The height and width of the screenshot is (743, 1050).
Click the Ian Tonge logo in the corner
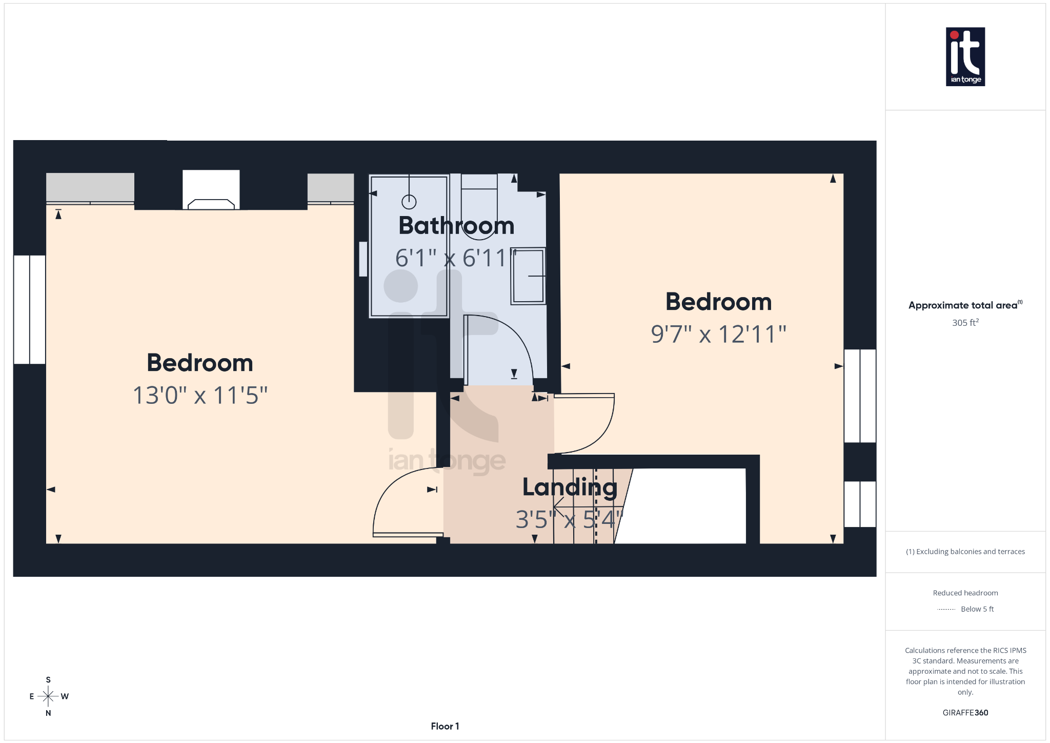point(965,56)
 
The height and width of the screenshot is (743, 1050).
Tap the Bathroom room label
point(456,226)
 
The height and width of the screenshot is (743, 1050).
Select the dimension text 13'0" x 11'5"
point(200,396)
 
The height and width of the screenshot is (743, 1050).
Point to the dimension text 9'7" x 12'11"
point(718,335)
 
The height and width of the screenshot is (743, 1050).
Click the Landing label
point(570,487)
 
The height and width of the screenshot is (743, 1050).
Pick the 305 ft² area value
point(965,323)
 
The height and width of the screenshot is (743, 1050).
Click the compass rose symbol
point(48,696)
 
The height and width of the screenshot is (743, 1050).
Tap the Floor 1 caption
point(445,726)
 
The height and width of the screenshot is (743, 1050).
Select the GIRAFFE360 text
point(965,713)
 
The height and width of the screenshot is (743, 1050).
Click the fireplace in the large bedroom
point(211,190)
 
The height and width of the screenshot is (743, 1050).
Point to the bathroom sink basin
point(528,276)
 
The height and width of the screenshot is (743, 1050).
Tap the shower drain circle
point(409,202)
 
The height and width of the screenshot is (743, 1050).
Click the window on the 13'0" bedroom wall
point(30,309)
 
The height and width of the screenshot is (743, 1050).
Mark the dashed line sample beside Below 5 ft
point(946,610)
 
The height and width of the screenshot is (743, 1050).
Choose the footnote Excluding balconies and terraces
point(965,552)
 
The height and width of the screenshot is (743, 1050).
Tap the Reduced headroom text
point(965,593)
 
